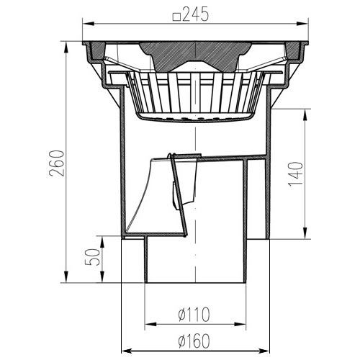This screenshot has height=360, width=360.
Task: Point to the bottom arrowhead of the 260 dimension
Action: pos(68,281)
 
